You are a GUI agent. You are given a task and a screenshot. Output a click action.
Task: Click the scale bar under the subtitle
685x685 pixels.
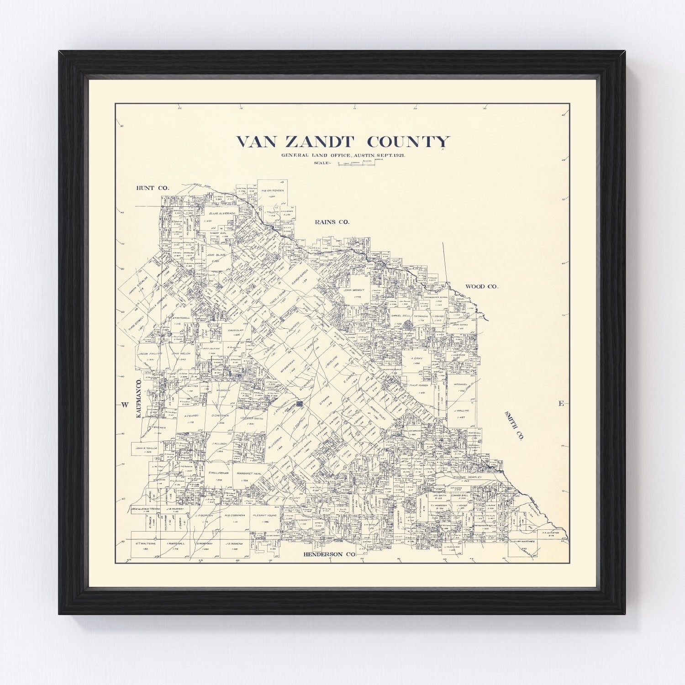coord(356,163)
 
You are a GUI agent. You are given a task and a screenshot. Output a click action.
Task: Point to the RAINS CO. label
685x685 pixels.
coord(332,222)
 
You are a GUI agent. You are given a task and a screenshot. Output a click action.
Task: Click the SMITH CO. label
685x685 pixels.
coord(514,425)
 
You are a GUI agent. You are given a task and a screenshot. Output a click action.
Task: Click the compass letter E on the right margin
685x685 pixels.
coord(561,403)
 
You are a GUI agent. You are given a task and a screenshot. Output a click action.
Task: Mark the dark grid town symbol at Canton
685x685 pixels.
coord(300,404)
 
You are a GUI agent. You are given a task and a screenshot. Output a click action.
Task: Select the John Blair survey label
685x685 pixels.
coord(213,255)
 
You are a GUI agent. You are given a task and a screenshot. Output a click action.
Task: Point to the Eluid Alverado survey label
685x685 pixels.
coord(222,213)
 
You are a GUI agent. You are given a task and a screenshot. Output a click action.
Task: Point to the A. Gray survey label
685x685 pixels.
coord(417,358)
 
